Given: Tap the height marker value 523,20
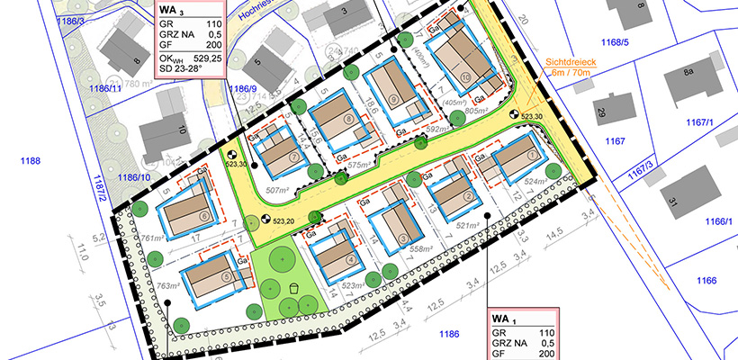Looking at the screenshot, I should (x=284, y=220).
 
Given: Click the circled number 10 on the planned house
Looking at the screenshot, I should (x=464, y=79).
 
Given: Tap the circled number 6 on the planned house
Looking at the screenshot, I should (x=204, y=215).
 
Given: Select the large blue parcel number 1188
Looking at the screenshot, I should (x=30, y=160).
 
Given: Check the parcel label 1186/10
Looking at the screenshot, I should (x=133, y=177).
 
